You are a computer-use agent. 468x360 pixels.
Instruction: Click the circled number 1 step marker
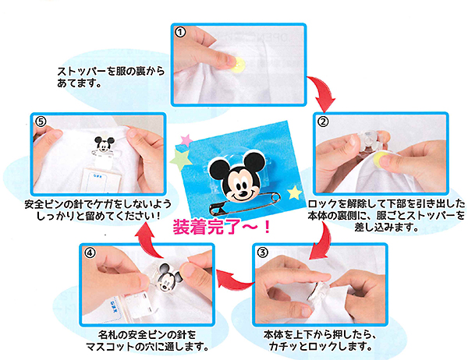pos(180,32)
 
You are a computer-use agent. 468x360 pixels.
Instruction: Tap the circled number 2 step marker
pos(323,122)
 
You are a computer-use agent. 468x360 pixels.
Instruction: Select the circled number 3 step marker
pos(262,252)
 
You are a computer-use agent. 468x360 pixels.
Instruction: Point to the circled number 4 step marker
pos(90,253)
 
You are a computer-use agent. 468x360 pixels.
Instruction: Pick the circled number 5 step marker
pos(41,121)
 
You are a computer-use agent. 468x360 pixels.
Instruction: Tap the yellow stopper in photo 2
pos(381,158)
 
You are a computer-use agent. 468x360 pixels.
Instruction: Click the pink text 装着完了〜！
pos(222,228)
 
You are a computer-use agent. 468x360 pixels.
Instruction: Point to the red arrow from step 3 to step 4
pos(233,281)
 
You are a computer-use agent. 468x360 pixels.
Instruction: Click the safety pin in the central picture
pos(245,204)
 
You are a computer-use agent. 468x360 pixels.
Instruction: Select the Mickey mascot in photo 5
pos(105,143)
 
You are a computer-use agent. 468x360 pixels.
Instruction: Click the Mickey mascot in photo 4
pos(168,277)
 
